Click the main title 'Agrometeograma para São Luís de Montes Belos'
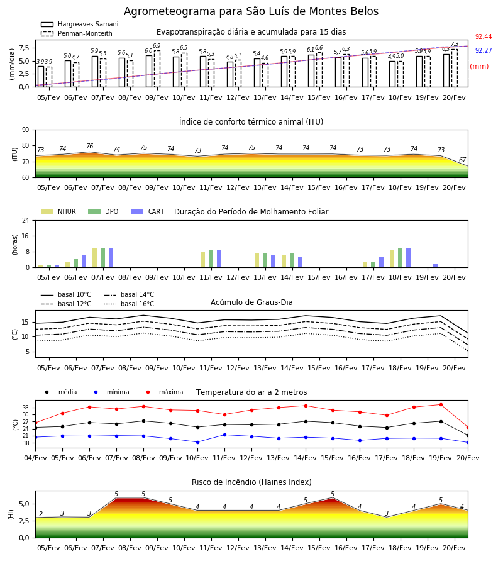pyautogui.click(x=251, y=11)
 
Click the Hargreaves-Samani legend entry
pyautogui.click(x=80, y=24)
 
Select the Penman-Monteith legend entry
pyautogui.click(x=77, y=33)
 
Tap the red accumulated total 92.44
pyautogui.click(x=484, y=36)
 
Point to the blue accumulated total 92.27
pyautogui.click(x=484, y=50)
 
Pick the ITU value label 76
pyautogui.click(x=89, y=146)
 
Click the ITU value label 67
pyautogui.click(x=462, y=160)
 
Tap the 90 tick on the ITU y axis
pyautogui.click(x=26, y=130)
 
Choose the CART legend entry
pyautogui.click(x=148, y=211)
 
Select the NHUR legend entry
pyautogui.click(x=58, y=211)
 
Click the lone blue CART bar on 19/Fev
pyautogui.click(x=436, y=265)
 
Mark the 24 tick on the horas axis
pyautogui.click(x=26, y=220)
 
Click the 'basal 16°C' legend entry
pyautogui.click(x=129, y=304)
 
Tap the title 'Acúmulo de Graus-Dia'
pyautogui.click(x=251, y=302)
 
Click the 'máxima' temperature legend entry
pyautogui.click(x=163, y=392)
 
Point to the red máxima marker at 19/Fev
pyautogui.click(x=441, y=404)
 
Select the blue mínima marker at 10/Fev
pyautogui.click(x=197, y=442)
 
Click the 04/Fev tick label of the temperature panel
pyautogui.click(x=35, y=458)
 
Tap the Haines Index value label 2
pyautogui.click(x=41, y=514)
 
